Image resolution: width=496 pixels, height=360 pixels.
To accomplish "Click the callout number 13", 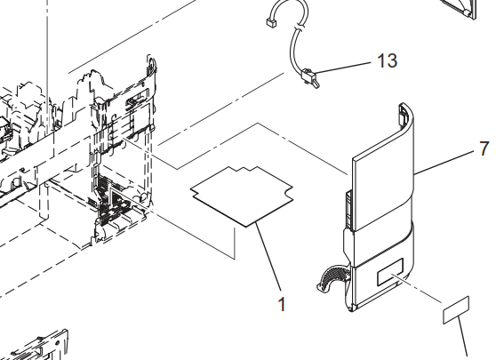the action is (x=388, y=60).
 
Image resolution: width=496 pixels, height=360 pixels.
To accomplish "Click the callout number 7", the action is (x=484, y=148).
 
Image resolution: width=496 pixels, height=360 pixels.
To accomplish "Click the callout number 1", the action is (x=282, y=304).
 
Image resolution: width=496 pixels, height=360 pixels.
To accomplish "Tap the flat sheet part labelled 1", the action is (x=242, y=196).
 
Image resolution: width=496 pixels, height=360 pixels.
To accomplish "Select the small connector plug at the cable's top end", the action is (x=271, y=22).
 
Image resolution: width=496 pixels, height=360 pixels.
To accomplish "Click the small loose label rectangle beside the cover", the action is (x=456, y=310).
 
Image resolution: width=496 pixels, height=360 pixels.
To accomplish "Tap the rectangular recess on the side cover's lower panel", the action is (x=390, y=271).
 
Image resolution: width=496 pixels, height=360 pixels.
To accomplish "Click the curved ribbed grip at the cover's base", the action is (x=332, y=277).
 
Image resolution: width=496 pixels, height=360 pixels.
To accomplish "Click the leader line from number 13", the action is (x=343, y=68).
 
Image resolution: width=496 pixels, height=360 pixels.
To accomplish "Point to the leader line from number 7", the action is (x=444, y=163).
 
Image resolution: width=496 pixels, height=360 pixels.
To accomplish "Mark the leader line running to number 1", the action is (x=268, y=256).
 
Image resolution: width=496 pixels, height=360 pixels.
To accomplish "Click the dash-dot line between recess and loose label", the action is (x=417, y=289).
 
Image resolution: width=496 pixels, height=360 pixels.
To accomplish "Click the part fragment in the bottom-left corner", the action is (x=38, y=347).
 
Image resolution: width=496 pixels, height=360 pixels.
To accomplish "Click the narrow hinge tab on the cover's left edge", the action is (x=348, y=209).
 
